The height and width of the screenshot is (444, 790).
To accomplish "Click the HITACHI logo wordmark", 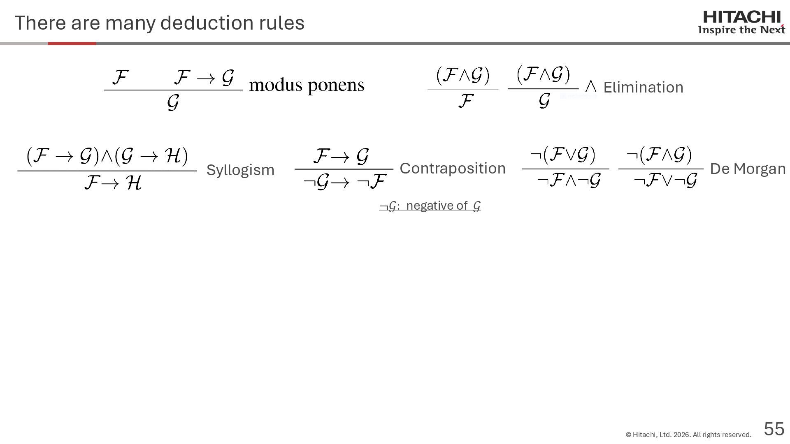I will pos(741,17).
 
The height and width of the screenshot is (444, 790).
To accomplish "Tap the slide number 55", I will pos(774,429).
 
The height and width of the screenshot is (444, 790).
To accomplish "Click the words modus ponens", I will pos(307,85).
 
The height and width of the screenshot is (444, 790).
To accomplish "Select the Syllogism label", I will pos(240,170).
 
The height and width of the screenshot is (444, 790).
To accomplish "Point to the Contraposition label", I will pos(452,168).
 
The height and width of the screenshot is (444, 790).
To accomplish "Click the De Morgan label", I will pos(748,169).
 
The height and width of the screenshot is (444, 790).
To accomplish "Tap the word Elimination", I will pos(643,87).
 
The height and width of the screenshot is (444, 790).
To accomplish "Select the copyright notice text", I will pos(688,435).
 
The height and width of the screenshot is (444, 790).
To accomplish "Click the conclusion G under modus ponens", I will pos(173,102).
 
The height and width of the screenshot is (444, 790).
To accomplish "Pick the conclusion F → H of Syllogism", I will pos(113,183).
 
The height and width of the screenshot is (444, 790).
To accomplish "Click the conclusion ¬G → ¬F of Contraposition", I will pos(344,181).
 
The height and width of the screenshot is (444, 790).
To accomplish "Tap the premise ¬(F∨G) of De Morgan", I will pos(563,155).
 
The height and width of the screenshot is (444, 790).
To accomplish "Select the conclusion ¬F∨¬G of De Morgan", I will pos(665,180).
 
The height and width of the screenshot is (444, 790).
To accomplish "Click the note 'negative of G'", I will pos(430,206).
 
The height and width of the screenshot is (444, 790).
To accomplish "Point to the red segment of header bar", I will pos(72,43).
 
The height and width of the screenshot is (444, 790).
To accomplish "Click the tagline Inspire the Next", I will pos(741,30).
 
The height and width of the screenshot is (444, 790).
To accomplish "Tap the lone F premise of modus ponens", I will pos(120,77).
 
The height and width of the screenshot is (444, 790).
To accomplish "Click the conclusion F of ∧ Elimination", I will pos(465,101).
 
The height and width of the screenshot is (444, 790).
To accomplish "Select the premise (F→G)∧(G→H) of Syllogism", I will pos(107,156).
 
